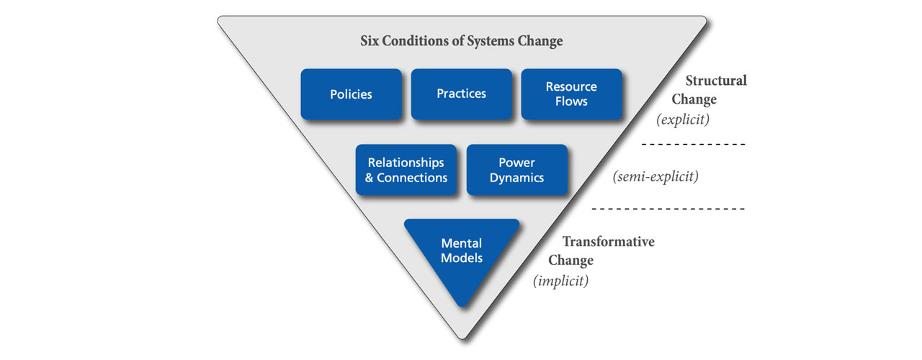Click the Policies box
pyautogui.click(x=351, y=94)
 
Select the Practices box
pyautogui.click(x=462, y=94)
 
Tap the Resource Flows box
pyautogui.click(x=572, y=94)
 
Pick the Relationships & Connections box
pyautogui.click(x=406, y=170)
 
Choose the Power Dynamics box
pyautogui.click(x=517, y=170)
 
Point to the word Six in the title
pyautogui.click(x=370, y=41)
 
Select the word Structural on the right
pyautogui.click(x=716, y=80)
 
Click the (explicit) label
pyautogui.click(x=683, y=120)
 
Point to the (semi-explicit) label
pyautogui.click(x=655, y=176)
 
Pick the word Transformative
pyautogui.click(x=609, y=241)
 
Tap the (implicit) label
pyautogui.click(x=560, y=281)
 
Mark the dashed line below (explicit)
pyautogui.click(x=694, y=145)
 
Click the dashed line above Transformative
pyautogui.click(x=668, y=209)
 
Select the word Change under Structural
pyautogui.click(x=694, y=99)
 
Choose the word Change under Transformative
pyautogui.click(x=570, y=261)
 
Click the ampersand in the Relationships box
pyautogui.click(x=370, y=178)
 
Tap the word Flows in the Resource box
pyautogui.click(x=571, y=102)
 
